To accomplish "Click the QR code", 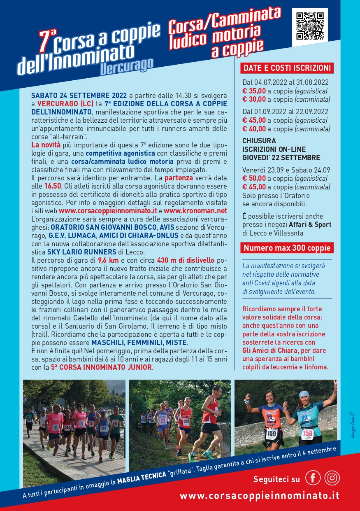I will [310, 26].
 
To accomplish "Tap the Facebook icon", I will [313, 478].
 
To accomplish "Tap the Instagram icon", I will [332, 478].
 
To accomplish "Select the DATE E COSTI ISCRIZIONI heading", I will [287, 68].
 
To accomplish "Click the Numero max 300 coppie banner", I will [287, 248].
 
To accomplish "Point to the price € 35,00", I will [254, 91].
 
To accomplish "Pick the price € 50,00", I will [254, 178].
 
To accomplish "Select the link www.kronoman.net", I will [195, 211].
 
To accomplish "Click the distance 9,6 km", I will [108, 260].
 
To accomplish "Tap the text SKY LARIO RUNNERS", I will [81, 252].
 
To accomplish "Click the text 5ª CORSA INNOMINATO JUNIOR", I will [101, 367].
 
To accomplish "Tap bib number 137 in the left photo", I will [103, 429].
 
